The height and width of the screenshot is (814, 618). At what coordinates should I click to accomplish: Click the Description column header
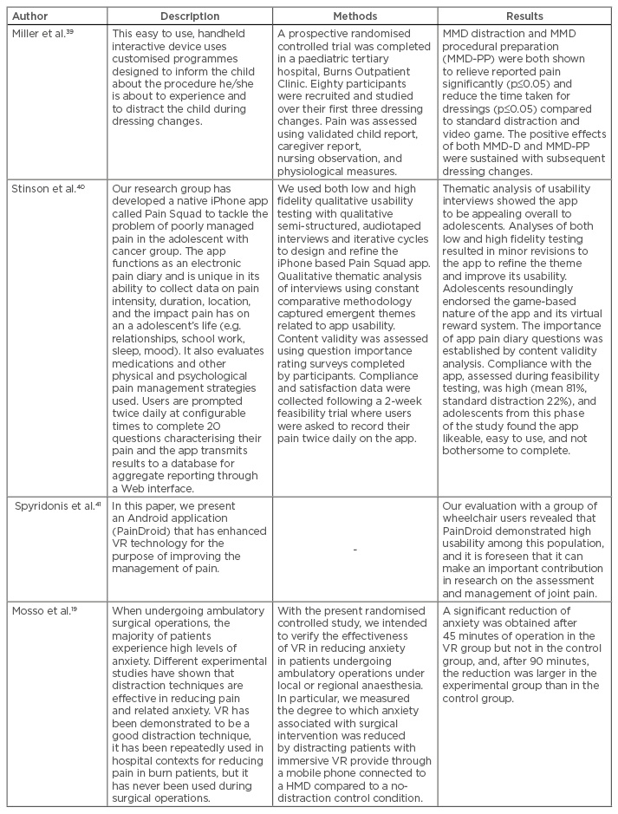pyautogui.click(x=190, y=16)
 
